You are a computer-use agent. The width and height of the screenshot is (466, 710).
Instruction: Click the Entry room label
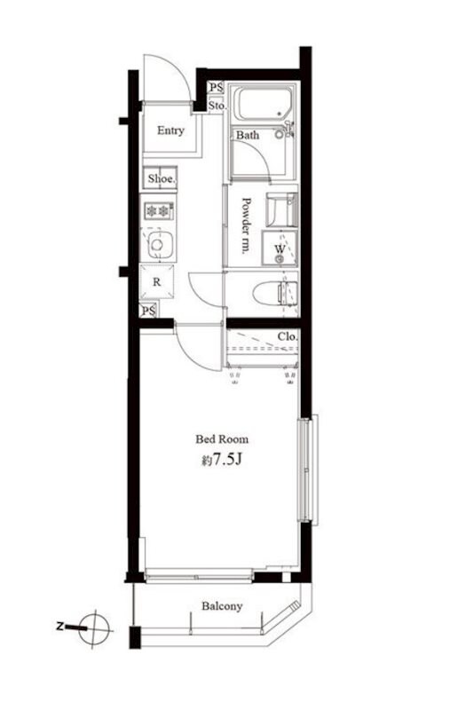tap(170, 130)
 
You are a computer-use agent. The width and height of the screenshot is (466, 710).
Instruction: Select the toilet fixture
tap(274, 294)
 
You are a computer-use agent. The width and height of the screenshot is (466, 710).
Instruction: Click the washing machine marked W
tap(280, 248)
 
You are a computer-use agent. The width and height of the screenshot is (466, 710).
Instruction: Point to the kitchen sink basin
tap(157, 245)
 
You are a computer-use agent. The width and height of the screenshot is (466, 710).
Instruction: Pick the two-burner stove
tap(158, 210)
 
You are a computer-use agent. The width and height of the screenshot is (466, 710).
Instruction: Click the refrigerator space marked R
tap(157, 281)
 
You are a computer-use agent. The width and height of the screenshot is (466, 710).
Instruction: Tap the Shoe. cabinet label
tap(161, 178)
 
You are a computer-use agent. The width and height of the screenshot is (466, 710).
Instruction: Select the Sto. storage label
tap(217, 106)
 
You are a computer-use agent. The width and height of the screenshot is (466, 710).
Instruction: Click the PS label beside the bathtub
tap(216, 87)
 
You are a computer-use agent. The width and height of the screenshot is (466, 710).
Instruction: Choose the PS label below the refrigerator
tap(148, 312)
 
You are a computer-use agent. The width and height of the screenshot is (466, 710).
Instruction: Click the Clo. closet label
tap(288, 336)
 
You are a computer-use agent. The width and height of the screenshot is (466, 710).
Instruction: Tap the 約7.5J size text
tap(222, 460)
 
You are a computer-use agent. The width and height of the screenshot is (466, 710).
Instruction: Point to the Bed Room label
tap(222, 438)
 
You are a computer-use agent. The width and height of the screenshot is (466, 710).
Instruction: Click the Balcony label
tap(222, 606)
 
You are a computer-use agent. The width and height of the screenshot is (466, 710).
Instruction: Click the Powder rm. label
tap(247, 225)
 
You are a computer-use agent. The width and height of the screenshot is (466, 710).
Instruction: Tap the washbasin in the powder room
tap(281, 209)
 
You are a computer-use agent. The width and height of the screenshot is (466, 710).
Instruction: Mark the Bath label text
tap(248, 135)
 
